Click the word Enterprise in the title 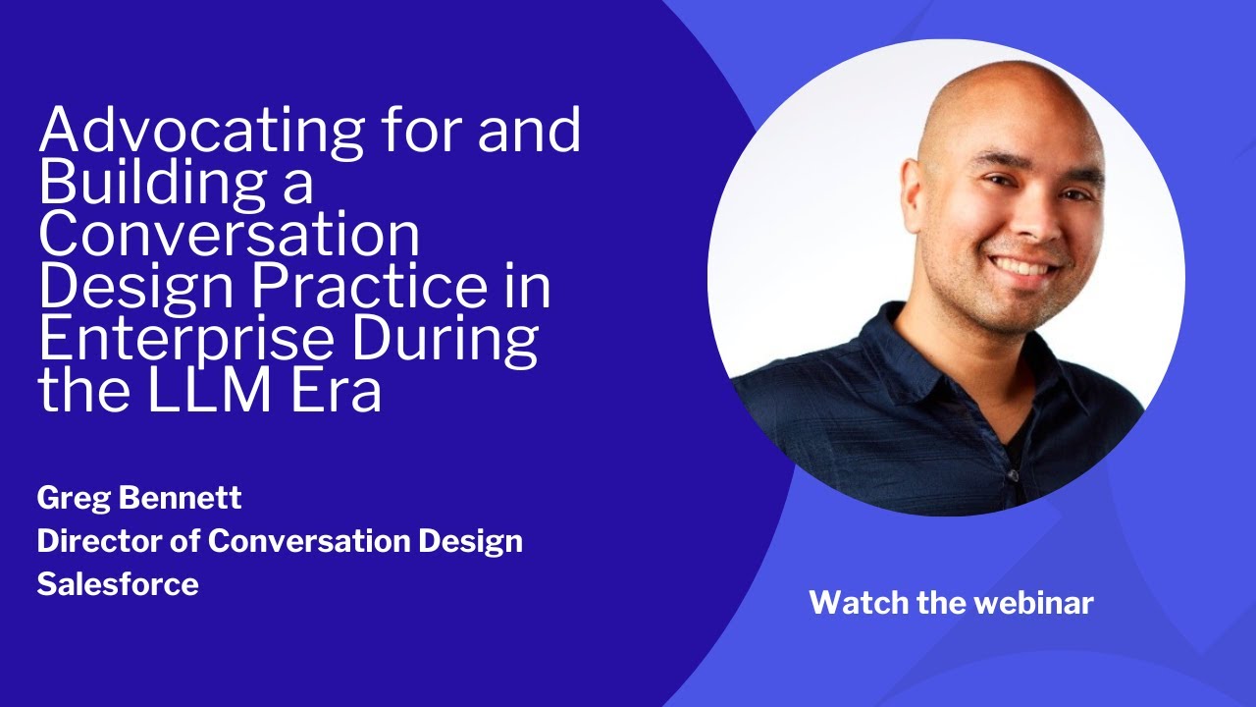click(x=183, y=340)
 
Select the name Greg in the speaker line click(x=74, y=498)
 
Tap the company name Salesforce click(x=118, y=584)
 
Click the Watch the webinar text click(x=951, y=602)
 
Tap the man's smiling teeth click(x=1020, y=268)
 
